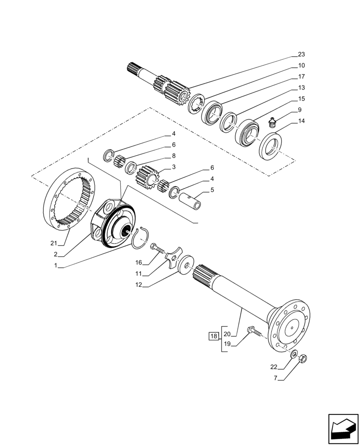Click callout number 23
(301, 54)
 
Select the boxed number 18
(214, 336)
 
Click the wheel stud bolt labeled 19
(253, 331)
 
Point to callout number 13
(301, 87)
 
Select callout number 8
(173, 156)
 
